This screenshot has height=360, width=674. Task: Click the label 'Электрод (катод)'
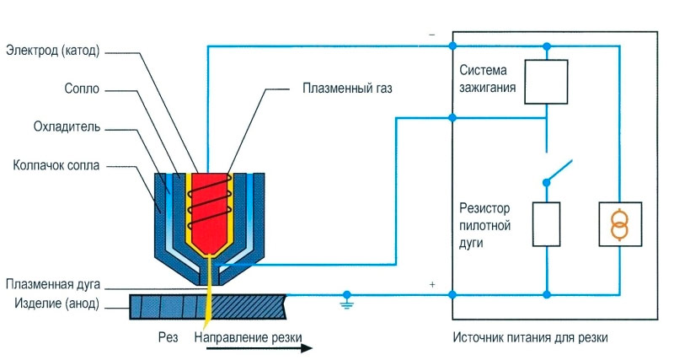coord(53,50)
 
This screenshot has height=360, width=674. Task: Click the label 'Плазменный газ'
coord(348,87)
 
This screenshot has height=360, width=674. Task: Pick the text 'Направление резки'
coord(248,338)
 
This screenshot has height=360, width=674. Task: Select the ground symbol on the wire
coord(345,298)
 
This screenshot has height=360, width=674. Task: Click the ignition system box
coord(548,81)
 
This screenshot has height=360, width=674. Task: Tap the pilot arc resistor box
coord(548,223)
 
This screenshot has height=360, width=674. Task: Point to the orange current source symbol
coord(619,224)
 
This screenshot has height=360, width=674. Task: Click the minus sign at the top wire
coord(432,35)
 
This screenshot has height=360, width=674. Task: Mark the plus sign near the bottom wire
coord(432,285)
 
